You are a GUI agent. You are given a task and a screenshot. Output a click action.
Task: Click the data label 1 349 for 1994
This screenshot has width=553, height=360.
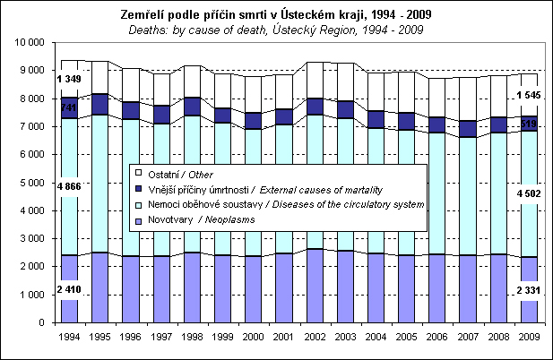tap(70, 81)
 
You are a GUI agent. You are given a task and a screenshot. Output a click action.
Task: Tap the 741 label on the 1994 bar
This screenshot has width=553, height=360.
tap(70, 107)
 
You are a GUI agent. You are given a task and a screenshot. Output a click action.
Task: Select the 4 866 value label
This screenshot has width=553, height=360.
tap(70, 186)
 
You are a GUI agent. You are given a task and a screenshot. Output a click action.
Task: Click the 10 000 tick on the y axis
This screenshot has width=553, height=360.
tap(31, 42)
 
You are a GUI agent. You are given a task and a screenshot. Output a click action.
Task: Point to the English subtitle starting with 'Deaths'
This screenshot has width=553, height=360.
tap(276, 29)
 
